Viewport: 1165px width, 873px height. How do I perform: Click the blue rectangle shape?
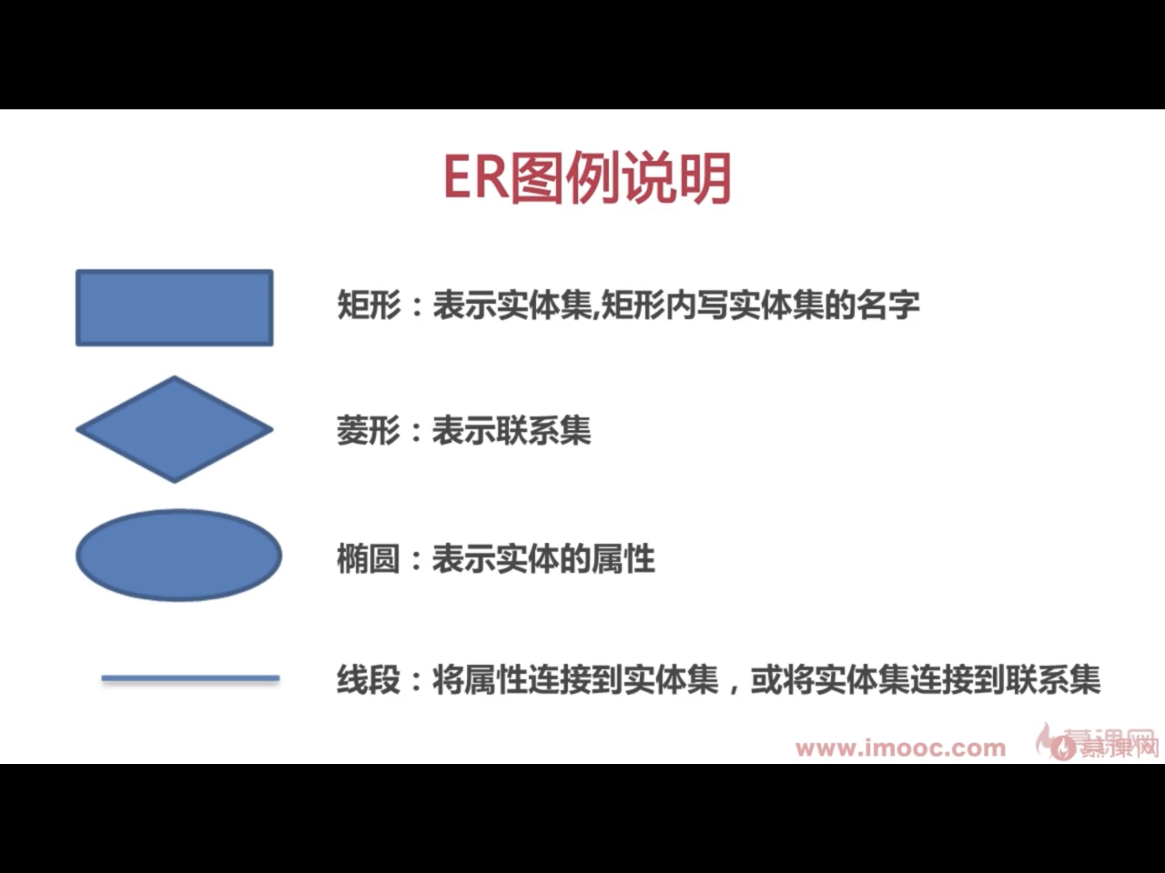tap(174, 308)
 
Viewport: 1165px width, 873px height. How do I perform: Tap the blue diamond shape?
tap(174, 429)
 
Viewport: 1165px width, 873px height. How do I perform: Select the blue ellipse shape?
tap(179, 555)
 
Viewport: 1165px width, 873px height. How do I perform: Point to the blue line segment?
tap(190, 678)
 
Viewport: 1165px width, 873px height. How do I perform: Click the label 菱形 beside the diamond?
tap(368, 430)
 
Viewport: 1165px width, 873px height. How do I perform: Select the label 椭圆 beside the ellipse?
tap(368, 558)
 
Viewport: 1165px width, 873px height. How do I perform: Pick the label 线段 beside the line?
tap(368, 680)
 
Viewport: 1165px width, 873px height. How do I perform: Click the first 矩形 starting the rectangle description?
tap(368, 305)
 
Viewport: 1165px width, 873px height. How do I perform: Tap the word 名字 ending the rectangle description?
tap(888, 305)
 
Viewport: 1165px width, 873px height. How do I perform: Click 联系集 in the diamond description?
tap(544, 430)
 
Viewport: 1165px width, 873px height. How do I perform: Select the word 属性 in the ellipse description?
tap(623, 558)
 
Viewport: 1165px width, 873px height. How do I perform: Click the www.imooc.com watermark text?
tap(900, 748)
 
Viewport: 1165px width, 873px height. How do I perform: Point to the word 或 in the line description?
tap(766, 680)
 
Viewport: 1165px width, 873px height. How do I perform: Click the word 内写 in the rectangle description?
tap(697, 305)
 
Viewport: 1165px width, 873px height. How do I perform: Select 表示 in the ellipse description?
tap(464, 558)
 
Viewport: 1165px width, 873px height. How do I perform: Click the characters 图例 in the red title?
tap(565, 178)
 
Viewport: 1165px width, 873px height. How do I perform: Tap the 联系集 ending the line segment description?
tap(1053, 680)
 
